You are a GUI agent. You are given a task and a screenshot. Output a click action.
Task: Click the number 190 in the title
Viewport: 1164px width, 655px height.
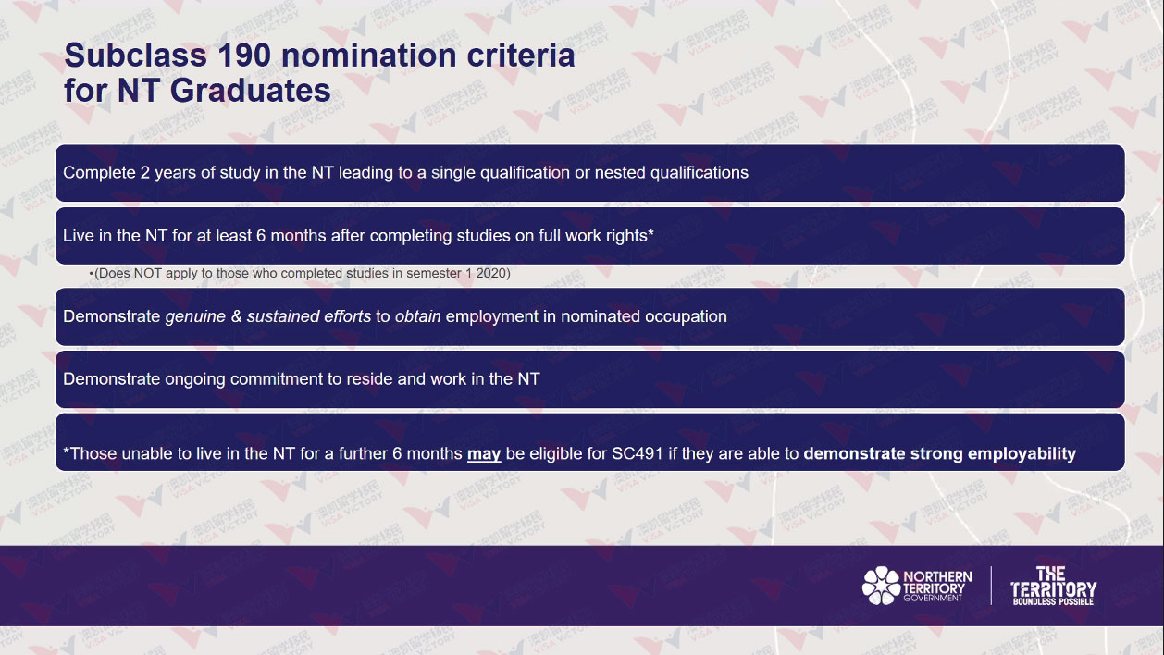(243, 56)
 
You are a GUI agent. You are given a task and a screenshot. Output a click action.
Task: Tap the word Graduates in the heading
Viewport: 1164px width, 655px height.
(250, 91)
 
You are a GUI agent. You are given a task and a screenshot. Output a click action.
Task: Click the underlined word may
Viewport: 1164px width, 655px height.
(484, 454)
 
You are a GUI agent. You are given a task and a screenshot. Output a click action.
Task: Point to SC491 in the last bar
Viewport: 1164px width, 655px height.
(638, 453)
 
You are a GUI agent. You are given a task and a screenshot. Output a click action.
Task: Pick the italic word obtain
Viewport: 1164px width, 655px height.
(418, 316)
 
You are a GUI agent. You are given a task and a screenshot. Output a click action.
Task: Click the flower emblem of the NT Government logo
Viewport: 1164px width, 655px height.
(881, 586)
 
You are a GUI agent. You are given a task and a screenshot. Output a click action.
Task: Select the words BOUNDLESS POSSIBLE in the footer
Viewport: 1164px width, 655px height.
(1053, 601)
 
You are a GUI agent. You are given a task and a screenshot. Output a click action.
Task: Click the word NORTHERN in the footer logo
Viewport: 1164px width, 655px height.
(937, 576)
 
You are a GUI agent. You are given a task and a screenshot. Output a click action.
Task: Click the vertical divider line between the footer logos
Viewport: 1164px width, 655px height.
(991, 586)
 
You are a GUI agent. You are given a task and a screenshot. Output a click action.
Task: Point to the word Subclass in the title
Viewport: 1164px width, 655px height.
(135, 56)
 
